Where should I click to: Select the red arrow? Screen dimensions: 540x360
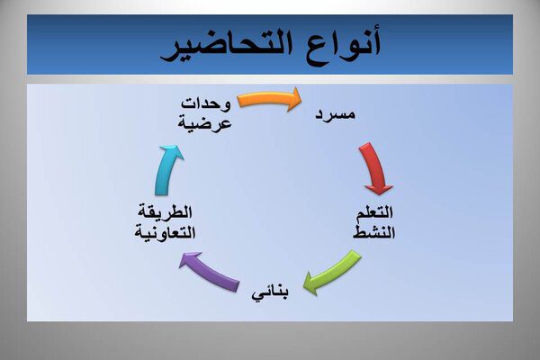click(373, 169)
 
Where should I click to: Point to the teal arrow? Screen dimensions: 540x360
click(166, 170)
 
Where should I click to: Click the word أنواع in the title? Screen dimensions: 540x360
click(339, 45)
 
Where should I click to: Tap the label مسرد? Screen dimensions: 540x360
click(335, 113)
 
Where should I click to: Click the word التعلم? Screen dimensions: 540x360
click(374, 212)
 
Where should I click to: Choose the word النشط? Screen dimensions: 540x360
click(373, 232)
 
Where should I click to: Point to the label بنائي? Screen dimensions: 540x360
click(270, 293)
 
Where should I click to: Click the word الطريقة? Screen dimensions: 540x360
click(165, 211)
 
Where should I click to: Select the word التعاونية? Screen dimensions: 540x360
click(165, 232)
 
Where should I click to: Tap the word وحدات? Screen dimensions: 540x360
click(205, 104)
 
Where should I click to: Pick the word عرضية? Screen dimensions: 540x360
click(204, 123)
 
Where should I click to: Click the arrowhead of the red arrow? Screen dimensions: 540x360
click(379, 189)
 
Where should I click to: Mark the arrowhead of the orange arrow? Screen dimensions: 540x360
click(295, 100)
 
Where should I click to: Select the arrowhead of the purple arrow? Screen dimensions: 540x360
click(188, 260)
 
